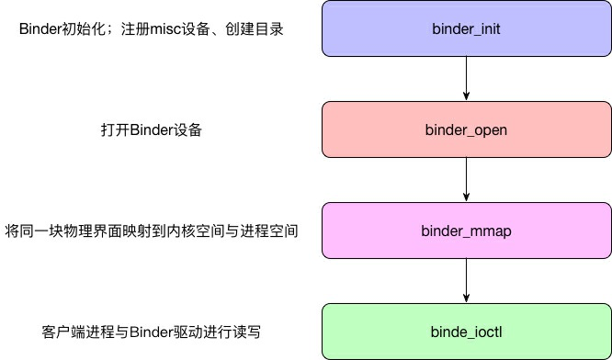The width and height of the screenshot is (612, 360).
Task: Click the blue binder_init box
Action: pos(467,29)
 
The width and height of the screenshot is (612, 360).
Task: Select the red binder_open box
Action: pos(467,129)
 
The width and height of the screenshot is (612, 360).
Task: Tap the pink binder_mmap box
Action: pos(467,230)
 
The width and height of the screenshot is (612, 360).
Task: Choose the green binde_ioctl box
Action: pos(467,331)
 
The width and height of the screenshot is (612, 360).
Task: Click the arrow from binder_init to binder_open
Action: pos(467,79)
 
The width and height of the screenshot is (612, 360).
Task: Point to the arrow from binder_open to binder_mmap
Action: pos(467,179)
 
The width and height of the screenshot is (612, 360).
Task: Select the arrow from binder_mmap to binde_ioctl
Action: pos(467,280)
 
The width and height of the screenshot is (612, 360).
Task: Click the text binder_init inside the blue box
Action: pos(467,29)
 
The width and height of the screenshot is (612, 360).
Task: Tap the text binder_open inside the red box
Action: pos(467,129)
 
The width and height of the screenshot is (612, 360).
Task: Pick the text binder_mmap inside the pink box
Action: pos(467,230)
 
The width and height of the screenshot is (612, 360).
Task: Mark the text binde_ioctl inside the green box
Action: pos(467,331)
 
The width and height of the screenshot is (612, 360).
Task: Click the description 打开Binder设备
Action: pos(152,129)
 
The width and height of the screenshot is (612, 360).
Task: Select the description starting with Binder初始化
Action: pos(152,29)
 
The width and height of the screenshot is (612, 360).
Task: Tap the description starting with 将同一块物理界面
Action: pos(152,230)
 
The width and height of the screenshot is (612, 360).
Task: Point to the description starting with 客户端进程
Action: pos(152,331)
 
